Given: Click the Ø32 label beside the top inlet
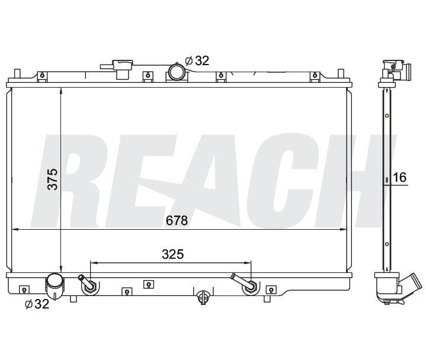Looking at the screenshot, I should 197,60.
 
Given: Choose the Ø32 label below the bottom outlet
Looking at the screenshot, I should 36,305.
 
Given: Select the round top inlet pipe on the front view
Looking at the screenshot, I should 177,73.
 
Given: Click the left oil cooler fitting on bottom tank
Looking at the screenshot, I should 90,285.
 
